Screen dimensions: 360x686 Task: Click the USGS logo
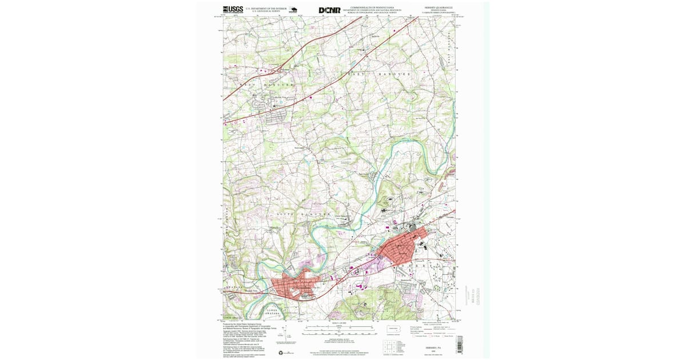[233, 10]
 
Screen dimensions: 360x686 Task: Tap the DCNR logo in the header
[329, 10]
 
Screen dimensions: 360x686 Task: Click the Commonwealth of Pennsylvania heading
[376, 7]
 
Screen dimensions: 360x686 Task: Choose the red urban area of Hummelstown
[294, 286]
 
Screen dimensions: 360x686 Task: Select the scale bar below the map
[339, 330]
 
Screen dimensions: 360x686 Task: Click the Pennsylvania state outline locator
[393, 330]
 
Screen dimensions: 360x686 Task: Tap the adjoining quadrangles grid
[389, 346]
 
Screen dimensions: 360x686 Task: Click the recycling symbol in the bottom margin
[280, 353]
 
